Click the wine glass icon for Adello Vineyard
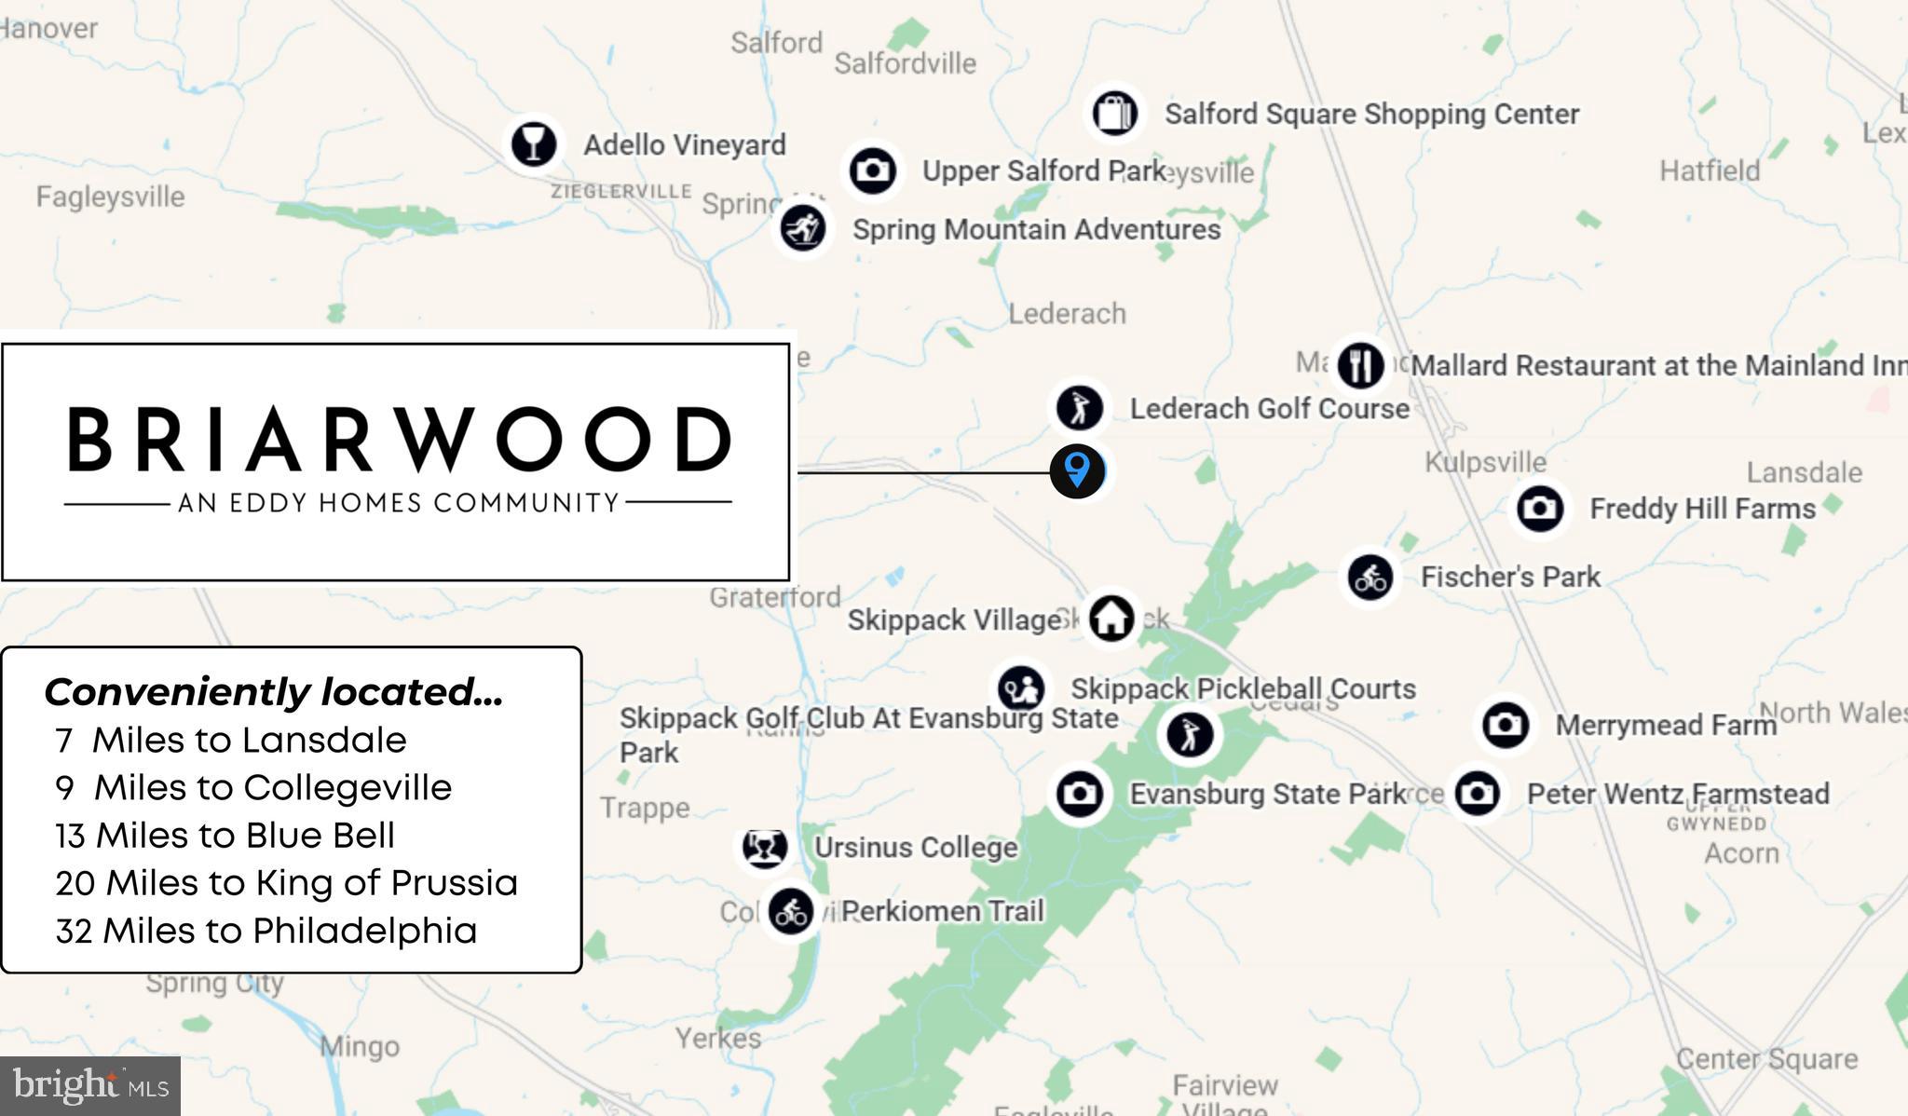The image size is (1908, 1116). point(534,144)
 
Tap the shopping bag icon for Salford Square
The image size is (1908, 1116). point(1114,114)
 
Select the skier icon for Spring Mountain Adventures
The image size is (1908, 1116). point(802,228)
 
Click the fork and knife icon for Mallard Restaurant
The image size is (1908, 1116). point(1360,364)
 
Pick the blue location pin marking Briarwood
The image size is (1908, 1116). point(1077,470)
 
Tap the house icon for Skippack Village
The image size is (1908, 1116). point(1111,618)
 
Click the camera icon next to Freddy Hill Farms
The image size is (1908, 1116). point(1539,509)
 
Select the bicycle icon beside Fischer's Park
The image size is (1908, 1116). point(1370,578)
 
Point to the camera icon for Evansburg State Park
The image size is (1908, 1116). point(1079,794)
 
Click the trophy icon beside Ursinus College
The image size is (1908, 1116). point(764,847)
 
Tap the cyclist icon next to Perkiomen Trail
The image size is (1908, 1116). point(791,911)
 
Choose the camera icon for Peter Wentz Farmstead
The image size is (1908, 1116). point(1477,794)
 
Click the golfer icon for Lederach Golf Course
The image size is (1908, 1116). point(1079,408)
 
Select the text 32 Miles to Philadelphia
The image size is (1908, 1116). point(266,931)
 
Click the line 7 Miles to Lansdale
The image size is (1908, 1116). point(231,740)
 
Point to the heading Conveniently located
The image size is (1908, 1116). point(273,692)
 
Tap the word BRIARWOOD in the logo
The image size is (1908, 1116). point(399,440)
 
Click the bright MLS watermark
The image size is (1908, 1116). point(90,1086)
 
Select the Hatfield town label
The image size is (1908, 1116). point(1710,171)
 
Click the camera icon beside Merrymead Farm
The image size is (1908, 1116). point(1505,725)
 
